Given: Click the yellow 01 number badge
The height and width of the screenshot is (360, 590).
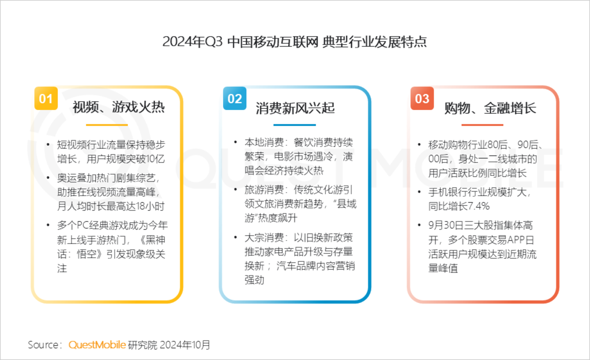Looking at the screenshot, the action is click(x=46, y=98).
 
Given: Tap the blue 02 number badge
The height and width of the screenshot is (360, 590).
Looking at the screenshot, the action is click(x=235, y=98).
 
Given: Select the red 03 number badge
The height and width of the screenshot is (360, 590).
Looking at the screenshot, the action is click(x=422, y=98).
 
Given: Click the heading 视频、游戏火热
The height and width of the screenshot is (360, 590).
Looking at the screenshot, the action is click(x=118, y=107).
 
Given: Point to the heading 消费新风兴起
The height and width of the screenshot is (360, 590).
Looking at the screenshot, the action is click(x=295, y=108).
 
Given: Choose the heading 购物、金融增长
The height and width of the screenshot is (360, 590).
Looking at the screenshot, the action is click(x=490, y=108).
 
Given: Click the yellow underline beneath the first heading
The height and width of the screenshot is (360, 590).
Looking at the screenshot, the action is click(x=107, y=125).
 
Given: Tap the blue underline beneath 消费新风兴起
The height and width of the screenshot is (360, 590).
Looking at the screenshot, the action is click(x=295, y=125).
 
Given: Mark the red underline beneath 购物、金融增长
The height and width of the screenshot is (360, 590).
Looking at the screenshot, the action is click(x=482, y=125).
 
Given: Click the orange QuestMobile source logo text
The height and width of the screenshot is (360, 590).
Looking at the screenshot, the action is click(x=97, y=345).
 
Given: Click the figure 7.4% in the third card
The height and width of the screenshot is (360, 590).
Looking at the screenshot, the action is click(x=479, y=206).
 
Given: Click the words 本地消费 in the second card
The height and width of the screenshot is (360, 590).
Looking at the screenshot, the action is click(x=264, y=143).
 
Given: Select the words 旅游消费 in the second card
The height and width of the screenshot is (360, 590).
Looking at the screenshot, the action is click(x=264, y=190).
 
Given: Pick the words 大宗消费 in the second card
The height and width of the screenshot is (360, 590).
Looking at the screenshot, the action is click(x=264, y=238).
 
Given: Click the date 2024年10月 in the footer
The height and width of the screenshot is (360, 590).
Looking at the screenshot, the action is click(x=185, y=345).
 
